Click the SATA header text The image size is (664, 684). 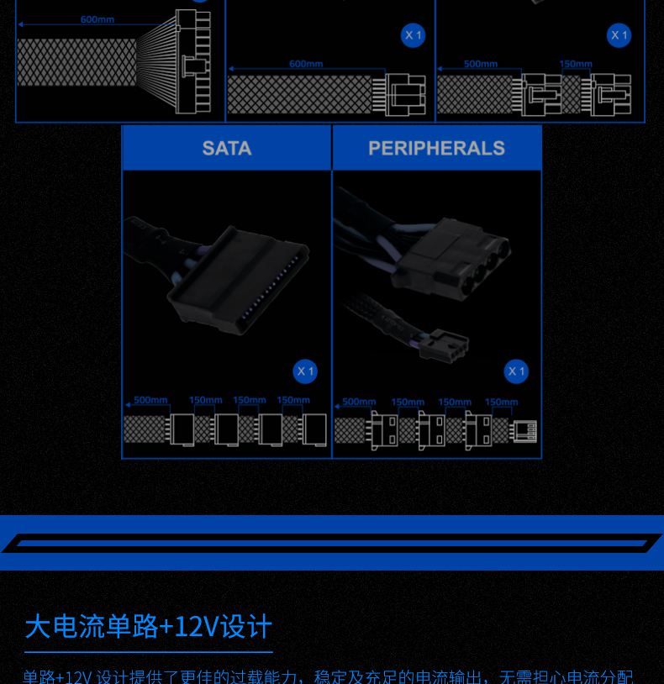point(227,149)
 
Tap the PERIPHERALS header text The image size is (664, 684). point(436,149)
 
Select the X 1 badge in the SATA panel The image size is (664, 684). point(305,371)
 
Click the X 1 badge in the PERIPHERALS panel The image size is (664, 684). point(516,371)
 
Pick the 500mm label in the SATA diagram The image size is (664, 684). point(150,400)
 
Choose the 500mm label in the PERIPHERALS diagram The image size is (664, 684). point(359,402)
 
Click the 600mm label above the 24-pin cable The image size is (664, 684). point(97,19)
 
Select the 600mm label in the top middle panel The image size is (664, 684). point(306,64)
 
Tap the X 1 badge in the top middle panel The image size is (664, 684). point(413,35)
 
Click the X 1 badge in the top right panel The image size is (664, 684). point(619,35)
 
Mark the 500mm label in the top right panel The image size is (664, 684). point(481,64)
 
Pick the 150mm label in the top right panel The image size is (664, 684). point(576,64)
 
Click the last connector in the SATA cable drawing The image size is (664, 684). point(315,429)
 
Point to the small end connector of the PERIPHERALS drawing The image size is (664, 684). point(525,430)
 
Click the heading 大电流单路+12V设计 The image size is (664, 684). point(149,627)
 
